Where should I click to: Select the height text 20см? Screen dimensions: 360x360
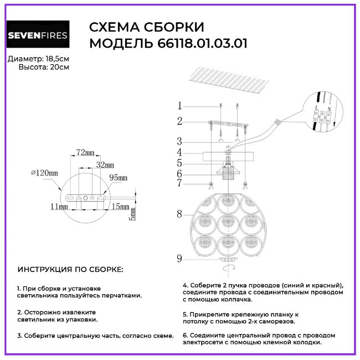60,67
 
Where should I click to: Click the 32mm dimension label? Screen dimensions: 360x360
105,165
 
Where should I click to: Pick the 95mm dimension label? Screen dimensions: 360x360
118,177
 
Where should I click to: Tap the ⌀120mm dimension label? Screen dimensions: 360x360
45,173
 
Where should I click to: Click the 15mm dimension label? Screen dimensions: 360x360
120,207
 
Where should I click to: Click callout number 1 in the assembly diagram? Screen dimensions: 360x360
179,106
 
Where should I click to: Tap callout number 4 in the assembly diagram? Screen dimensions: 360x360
179,152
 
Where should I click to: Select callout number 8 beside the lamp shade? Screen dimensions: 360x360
179,213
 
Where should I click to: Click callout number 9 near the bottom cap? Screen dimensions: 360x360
179,258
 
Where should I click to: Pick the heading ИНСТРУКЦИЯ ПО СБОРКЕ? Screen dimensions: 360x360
71,270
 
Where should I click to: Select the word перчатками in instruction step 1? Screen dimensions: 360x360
122,296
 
